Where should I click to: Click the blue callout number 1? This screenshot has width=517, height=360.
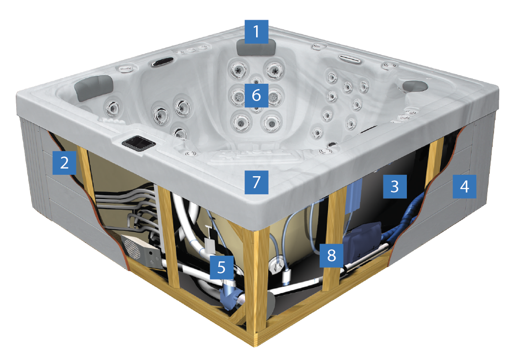tap(256, 31)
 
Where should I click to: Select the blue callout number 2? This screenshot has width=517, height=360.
tap(64, 163)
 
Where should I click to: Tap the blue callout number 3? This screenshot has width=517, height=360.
tap(394, 187)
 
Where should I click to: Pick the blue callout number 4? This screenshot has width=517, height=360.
tap(464, 187)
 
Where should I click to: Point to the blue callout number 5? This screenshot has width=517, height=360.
tap(221, 267)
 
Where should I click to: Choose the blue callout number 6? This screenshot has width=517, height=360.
tap(256, 95)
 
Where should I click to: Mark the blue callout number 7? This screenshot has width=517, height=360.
tap(256, 182)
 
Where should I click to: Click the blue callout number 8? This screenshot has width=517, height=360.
tap(331, 255)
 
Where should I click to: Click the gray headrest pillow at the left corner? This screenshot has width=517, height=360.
tap(94, 87)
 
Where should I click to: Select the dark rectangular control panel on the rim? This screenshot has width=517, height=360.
tap(138, 144)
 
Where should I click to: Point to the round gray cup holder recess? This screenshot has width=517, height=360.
tap(415, 86)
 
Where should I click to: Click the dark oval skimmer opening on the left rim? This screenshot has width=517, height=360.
tap(162, 62)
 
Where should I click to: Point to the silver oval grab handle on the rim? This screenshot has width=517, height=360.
tap(350, 59)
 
